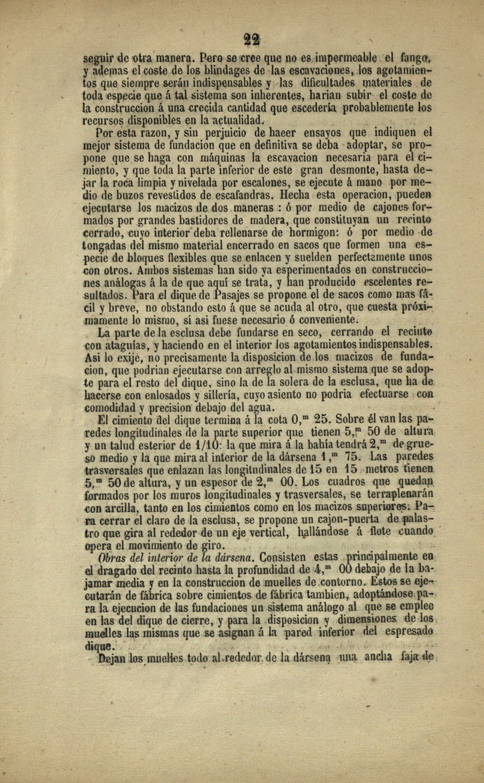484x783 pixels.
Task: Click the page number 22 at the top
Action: pos(251,40)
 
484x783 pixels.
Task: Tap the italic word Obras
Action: pos(111,558)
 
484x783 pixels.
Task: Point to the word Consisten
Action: pos(282,557)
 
